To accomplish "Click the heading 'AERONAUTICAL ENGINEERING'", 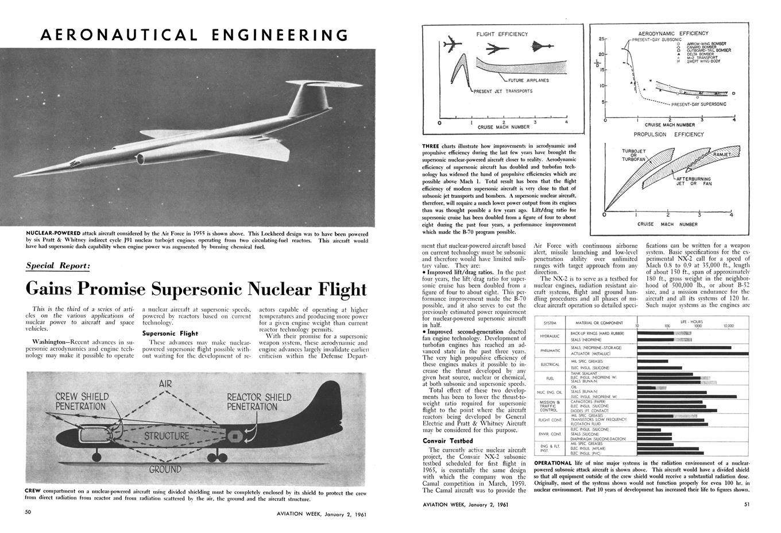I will [194, 34].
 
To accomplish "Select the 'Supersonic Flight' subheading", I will [170, 333].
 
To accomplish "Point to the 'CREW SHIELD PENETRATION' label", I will [80, 401].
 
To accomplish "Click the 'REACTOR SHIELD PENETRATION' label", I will [259, 401].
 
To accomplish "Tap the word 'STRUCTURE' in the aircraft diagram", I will [166, 436].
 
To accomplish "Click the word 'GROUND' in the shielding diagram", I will [165, 469].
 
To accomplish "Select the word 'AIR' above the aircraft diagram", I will [165, 384].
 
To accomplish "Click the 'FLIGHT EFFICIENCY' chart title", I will [502, 34].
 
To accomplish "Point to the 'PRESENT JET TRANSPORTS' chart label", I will [504, 91].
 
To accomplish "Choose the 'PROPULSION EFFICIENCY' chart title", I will [668, 135].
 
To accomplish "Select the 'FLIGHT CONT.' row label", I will [550, 420].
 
